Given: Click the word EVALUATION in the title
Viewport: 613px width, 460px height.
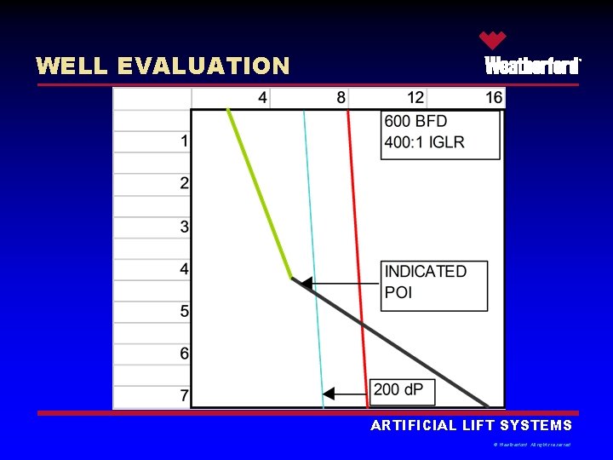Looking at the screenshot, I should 203,66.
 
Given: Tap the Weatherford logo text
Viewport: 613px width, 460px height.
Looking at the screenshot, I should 532,66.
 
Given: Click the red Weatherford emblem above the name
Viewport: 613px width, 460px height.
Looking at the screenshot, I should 492,41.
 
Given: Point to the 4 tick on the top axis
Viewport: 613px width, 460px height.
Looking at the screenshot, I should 262,98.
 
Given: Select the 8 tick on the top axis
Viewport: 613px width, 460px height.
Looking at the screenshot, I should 341,98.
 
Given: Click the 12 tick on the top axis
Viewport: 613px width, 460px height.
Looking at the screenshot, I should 415,98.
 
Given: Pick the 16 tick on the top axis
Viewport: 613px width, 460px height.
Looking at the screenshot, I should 494,98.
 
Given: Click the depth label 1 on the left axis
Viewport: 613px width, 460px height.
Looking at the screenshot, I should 185,141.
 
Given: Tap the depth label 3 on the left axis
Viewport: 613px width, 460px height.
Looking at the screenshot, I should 185,227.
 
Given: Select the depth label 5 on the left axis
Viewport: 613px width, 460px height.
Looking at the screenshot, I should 185,312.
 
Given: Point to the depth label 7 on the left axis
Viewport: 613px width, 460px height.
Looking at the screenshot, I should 185,396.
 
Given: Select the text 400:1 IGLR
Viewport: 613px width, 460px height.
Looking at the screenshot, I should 425,142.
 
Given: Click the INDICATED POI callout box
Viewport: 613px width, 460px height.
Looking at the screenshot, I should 434,285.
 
